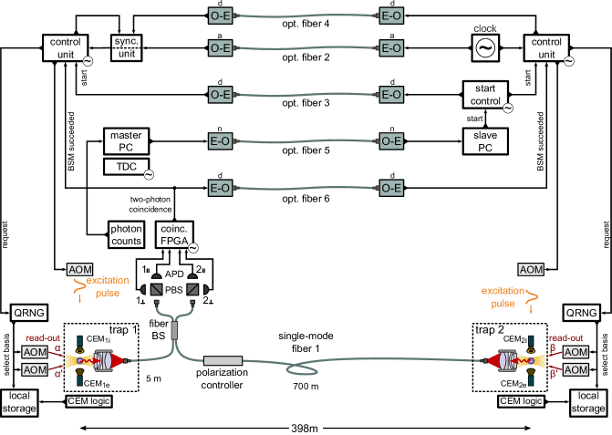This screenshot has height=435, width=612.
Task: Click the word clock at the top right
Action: click(x=484, y=29)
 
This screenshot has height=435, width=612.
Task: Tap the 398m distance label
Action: click(x=305, y=428)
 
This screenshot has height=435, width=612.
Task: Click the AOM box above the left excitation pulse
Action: click(x=80, y=270)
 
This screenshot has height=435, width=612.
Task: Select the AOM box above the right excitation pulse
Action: click(x=531, y=270)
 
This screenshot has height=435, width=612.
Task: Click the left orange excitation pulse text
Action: click(x=108, y=286)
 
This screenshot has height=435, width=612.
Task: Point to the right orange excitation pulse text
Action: click(x=503, y=297)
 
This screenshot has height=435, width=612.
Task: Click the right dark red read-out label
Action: click(x=565, y=337)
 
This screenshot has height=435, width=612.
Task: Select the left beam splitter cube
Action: click(x=156, y=289)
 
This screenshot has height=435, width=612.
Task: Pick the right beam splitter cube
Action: click(x=192, y=289)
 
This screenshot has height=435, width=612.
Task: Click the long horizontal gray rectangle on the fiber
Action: click(x=223, y=361)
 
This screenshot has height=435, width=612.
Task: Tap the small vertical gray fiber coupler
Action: click(x=174, y=329)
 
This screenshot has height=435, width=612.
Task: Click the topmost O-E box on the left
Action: click(x=220, y=16)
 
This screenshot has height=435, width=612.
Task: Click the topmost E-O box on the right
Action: click(x=391, y=16)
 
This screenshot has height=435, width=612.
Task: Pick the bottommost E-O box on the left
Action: click(x=220, y=189)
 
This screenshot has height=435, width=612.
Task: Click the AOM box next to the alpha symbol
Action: click(x=35, y=352)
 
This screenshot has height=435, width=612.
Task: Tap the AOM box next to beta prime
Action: click(x=576, y=369)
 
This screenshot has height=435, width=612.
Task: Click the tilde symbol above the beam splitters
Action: click(x=192, y=248)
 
